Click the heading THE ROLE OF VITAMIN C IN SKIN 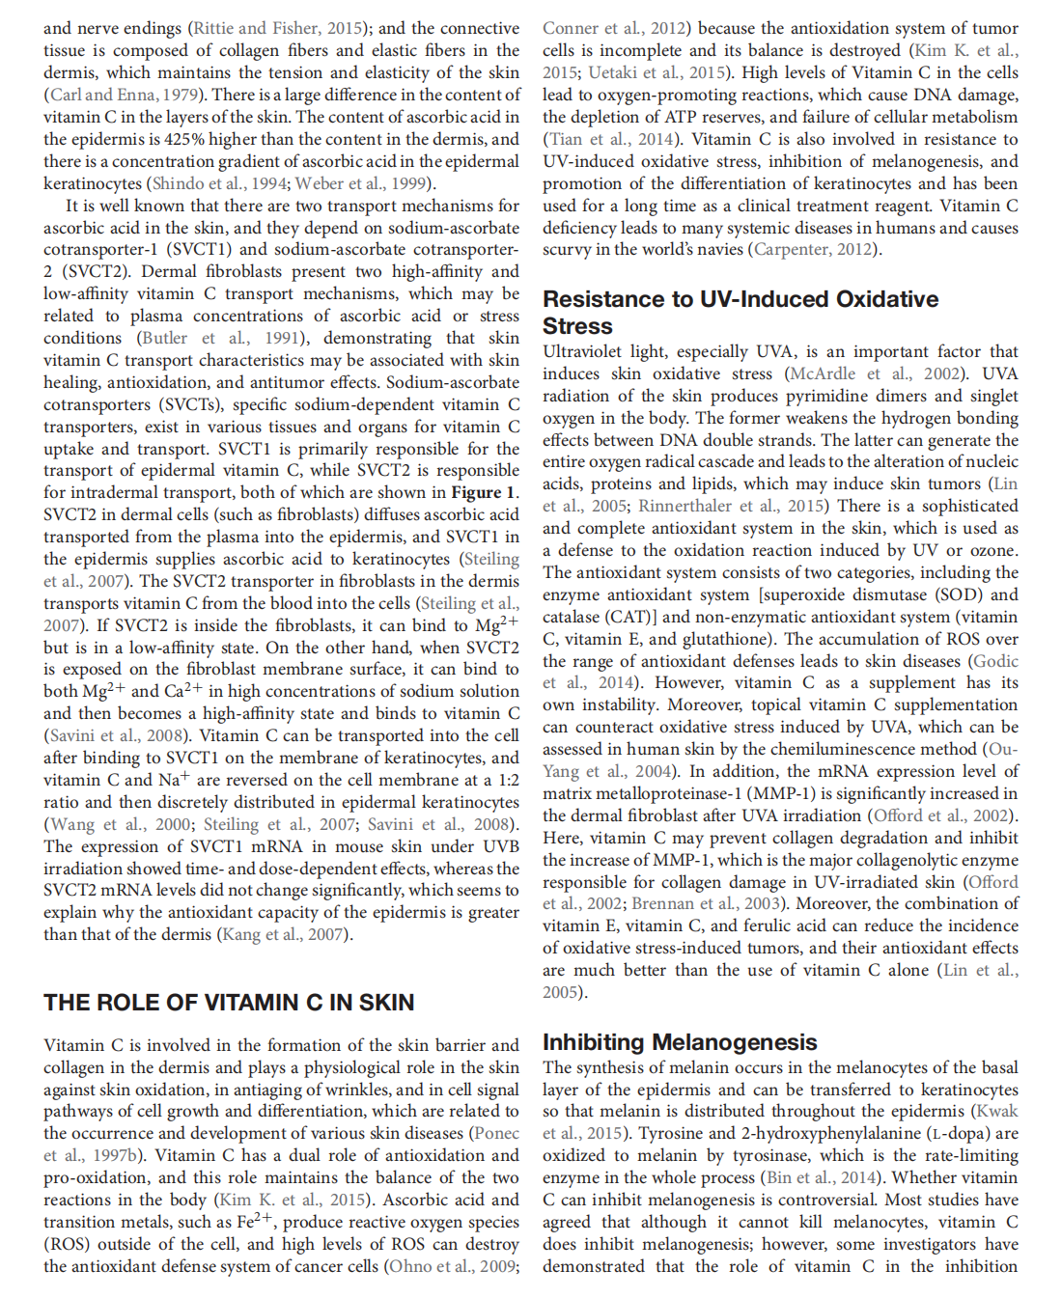tap(229, 1003)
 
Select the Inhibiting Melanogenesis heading tap(680, 1042)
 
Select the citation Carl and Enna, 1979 tap(123, 95)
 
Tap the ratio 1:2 tap(508, 780)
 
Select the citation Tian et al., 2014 tap(611, 139)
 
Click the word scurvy tap(567, 249)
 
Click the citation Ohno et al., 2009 tap(450, 1266)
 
